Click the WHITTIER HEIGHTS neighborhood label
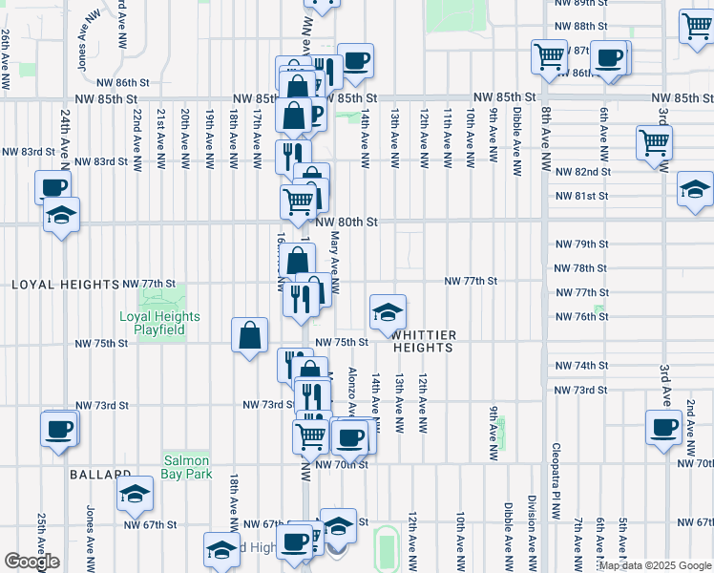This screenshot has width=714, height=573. [x=422, y=341]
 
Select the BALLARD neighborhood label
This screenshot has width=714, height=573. [x=99, y=474]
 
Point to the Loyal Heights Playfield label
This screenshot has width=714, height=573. [x=159, y=323]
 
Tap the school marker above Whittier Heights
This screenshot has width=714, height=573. [x=388, y=312]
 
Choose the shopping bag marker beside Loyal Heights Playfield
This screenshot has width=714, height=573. [x=250, y=335]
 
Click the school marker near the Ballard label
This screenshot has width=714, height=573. [x=135, y=493]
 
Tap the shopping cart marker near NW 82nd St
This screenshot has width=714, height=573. [x=655, y=142]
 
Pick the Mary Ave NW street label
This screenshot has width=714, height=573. [x=335, y=259]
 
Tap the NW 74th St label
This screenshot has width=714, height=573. [x=582, y=366]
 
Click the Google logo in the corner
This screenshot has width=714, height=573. [x=31, y=562]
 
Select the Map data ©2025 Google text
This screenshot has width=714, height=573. [x=654, y=566]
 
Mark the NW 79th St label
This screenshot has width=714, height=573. [x=582, y=244]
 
